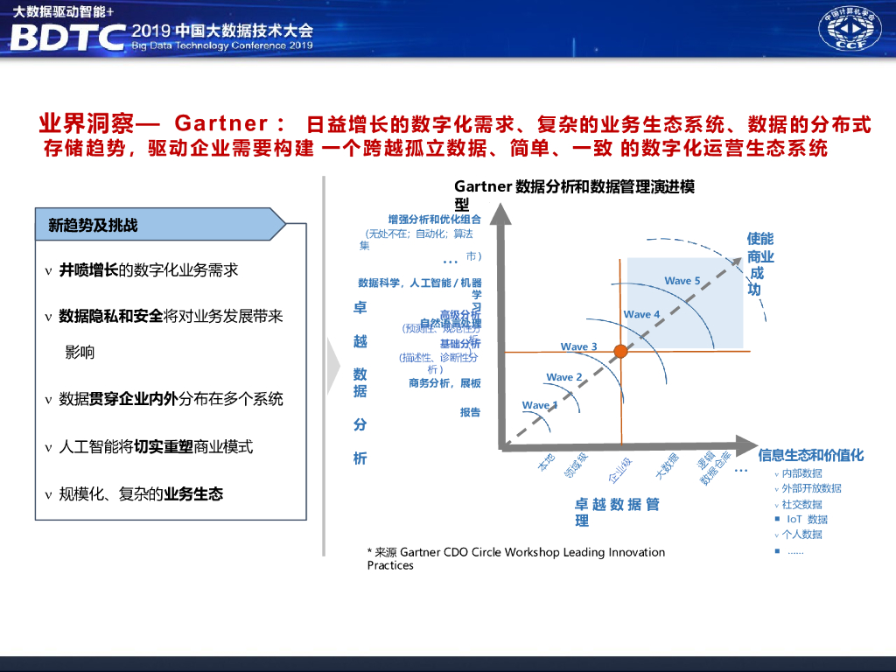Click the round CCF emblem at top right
(x=850, y=30)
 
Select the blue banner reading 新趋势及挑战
(x=161, y=225)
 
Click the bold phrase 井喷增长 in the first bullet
(x=88, y=269)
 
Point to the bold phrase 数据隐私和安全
(x=111, y=316)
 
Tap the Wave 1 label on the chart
(x=539, y=405)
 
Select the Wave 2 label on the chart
(x=564, y=377)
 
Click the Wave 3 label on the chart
(x=578, y=346)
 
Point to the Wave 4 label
(x=642, y=314)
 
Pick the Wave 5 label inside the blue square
(x=682, y=281)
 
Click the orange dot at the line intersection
(x=620, y=351)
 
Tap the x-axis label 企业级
(x=620, y=469)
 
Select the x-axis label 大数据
(x=667, y=466)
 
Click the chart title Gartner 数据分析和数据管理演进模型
(x=574, y=187)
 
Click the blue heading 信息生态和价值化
(x=810, y=455)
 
